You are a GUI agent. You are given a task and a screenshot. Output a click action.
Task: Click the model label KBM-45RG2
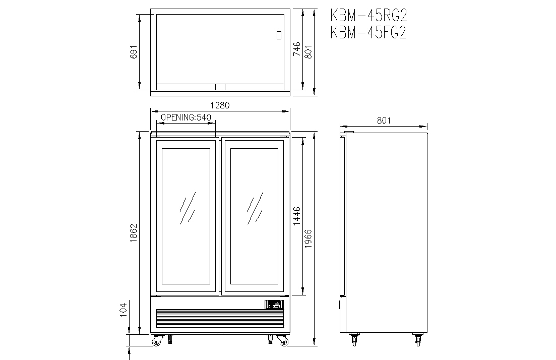368,16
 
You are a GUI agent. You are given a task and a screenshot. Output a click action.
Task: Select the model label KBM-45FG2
368,32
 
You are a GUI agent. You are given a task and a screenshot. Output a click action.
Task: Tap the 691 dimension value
134,52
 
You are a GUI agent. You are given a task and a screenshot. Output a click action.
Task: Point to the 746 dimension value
297,49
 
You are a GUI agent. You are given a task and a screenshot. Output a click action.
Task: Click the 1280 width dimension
220,105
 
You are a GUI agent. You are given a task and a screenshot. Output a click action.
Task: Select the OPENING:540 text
186,117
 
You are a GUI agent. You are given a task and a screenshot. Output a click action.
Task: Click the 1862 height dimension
134,232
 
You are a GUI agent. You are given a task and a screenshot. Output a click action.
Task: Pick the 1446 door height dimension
297,216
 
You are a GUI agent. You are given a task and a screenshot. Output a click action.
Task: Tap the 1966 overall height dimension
308,238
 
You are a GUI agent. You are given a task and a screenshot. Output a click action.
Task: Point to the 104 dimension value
123,310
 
